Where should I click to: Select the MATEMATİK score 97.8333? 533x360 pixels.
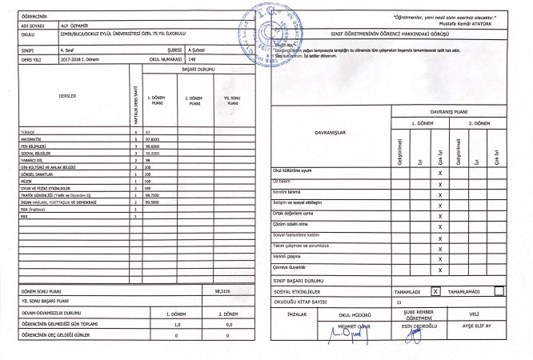(153, 138)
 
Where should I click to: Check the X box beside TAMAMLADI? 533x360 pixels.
(435, 292)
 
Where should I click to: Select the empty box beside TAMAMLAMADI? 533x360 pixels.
(498, 292)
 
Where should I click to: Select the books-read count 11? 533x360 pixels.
(399, 303)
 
